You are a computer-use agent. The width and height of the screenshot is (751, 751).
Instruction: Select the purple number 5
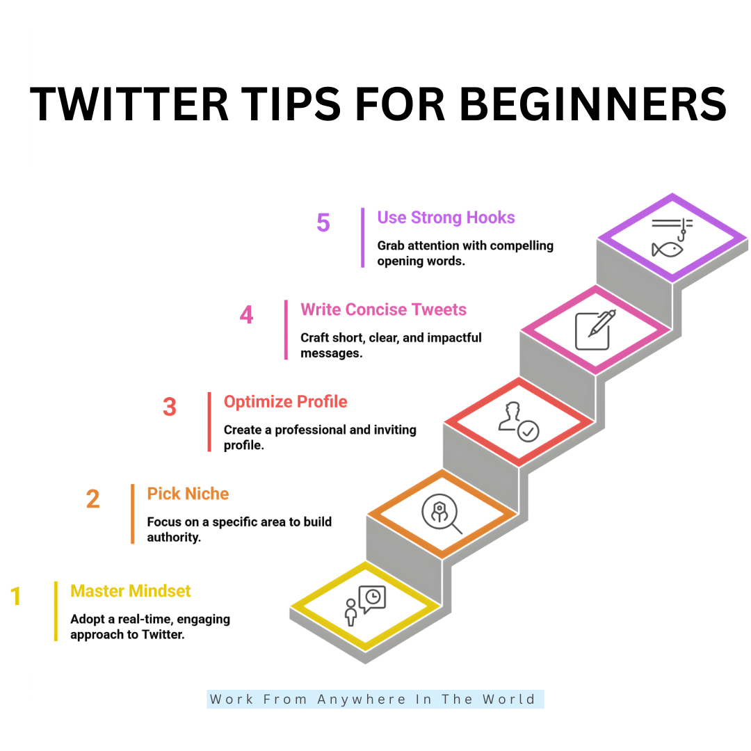pyautogui.click(x=323, y=223)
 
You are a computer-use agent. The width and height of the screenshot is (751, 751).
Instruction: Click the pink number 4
pyautogui.click(x=246, y=315)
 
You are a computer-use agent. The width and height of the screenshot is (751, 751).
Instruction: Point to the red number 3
pyautogui.click(x=169, y=407)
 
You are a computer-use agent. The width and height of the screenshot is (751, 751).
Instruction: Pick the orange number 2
pyautogui.click(x=92, y=499)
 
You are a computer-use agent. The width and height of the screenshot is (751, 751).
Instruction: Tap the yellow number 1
pyautogui.click(x=16, y=597)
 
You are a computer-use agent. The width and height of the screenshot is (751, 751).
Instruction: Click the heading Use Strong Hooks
pyautogui.click(x=446, y=218)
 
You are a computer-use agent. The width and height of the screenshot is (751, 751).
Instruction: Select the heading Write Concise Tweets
pyautogui.click(x=383, y=309)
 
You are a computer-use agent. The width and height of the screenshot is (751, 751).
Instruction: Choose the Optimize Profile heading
pyautogui.click(x=285, y=402)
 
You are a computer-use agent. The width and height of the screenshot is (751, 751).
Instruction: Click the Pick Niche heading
pyautogui.click(x=188, y=494)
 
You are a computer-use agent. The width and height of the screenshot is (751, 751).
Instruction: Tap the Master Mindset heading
pyautogui.click(x=130, y=591)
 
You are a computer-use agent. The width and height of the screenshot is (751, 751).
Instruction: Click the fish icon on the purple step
pyautogui.click(x=667, y=248)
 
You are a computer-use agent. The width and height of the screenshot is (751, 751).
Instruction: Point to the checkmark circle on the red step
pyautogui.click(x=528, y=431)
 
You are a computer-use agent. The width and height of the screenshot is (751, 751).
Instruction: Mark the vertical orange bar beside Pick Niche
pyautogui.click(x=132, y=513)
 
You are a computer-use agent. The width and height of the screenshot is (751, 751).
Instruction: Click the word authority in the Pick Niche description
pyautogui.click(x=173, y=538)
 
